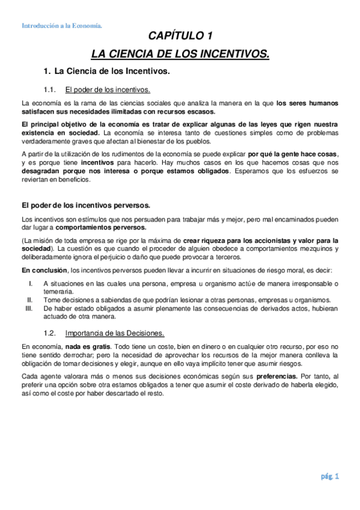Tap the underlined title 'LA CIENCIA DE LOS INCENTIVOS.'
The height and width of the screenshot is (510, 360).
click(x=180, y=55)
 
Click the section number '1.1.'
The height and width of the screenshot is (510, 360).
click(x=50, y=90)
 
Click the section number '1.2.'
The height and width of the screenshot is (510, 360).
click(x=50, y=333)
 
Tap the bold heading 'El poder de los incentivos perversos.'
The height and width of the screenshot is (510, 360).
click(x=86, y=205)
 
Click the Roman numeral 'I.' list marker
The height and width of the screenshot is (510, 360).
click(x=31, y=283)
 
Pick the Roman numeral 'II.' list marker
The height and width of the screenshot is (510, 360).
click(x=29, y=299)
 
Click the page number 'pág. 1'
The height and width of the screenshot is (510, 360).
click(x=329, y=477)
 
